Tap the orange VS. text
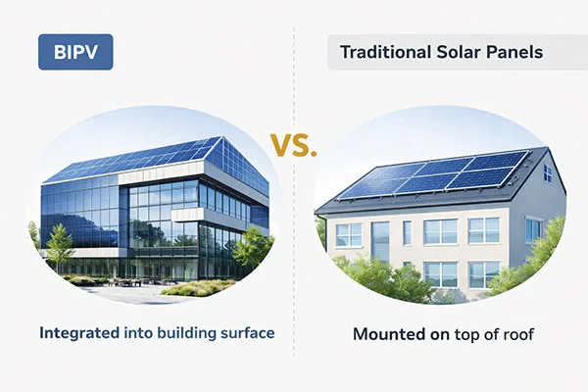pyautogui.click(x=293, y=149)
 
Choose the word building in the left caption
pyautogui.click(x=183, y=333)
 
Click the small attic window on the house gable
pyautogui.click(x=547, y=174)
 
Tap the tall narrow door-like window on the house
pyautogui.click(x=380, y=240)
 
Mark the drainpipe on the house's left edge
pyautogui.click(x=324, y=245)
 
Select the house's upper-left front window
pyautogui.click(x=348, y=234)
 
